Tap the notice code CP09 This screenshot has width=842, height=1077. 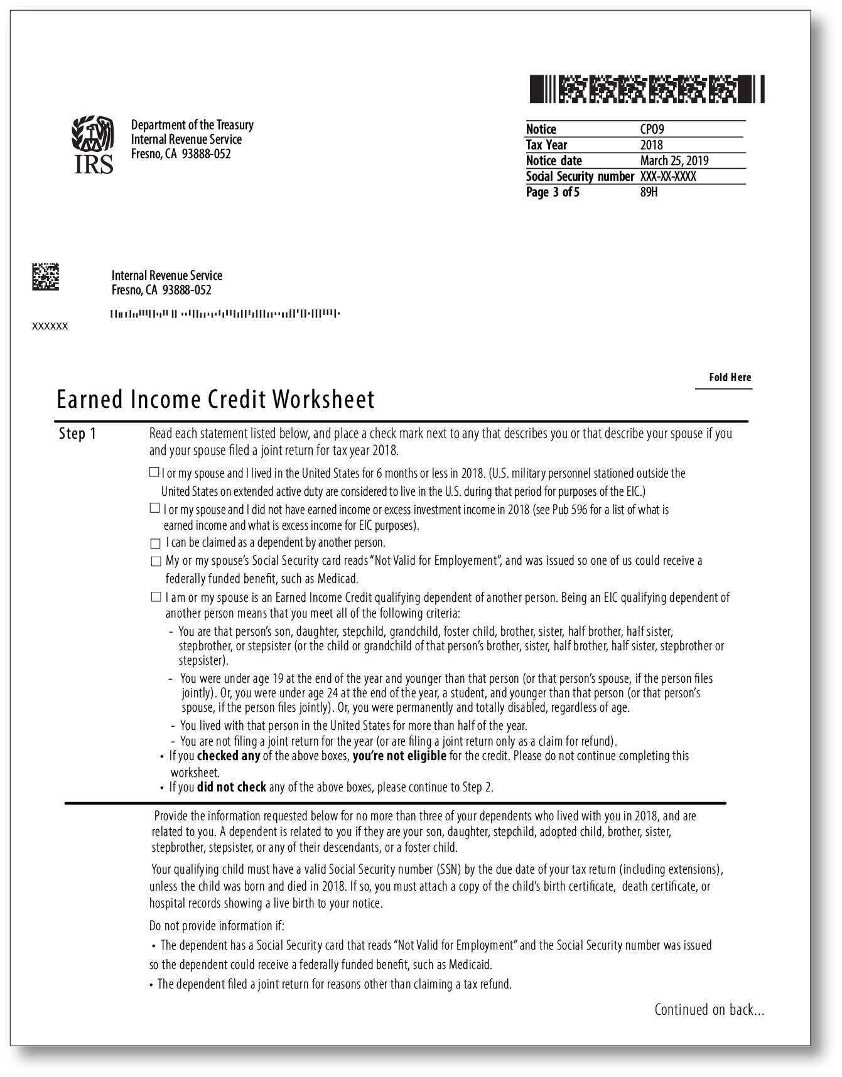[652, 129]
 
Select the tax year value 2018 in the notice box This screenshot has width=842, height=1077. [651, 145]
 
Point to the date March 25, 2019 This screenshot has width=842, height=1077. [674, 161]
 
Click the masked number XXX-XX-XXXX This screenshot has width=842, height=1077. [667, 176]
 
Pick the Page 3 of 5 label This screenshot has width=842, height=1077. [553, 192]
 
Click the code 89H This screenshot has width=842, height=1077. [649, 192]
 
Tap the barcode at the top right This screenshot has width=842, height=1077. [647, 89]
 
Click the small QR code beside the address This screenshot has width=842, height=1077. [45, 277]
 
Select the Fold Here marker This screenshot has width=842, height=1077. [730, 377]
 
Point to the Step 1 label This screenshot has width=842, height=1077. [77, 434]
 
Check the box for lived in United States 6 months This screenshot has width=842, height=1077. [154, 472]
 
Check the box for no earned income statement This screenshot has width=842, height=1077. [154, 508]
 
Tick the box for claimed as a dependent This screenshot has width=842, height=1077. [155, 543]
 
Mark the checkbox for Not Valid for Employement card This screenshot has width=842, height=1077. [156, 561]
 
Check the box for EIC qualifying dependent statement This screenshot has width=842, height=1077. [156, 597]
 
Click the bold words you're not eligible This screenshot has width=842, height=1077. [399, 756]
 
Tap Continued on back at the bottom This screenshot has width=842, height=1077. [709, 1010]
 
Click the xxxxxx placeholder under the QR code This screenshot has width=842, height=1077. [50, 326]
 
